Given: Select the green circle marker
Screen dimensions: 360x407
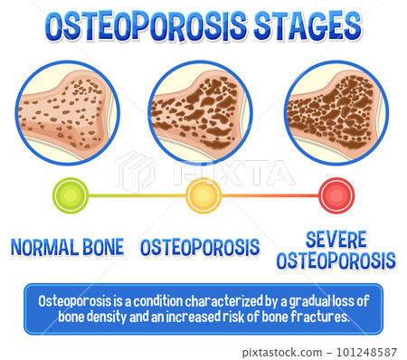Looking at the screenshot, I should [x=70, y=194].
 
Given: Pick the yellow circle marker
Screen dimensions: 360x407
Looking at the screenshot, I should [x=203, y=194].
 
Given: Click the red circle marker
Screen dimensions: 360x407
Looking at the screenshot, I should [x=336, y=194].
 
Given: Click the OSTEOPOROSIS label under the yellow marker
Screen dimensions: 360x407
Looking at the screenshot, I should [x=200, y=246].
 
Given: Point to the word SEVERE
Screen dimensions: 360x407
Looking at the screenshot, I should [x=336, y=239].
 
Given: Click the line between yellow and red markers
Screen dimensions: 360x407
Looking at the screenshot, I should [x=269, y=194].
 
